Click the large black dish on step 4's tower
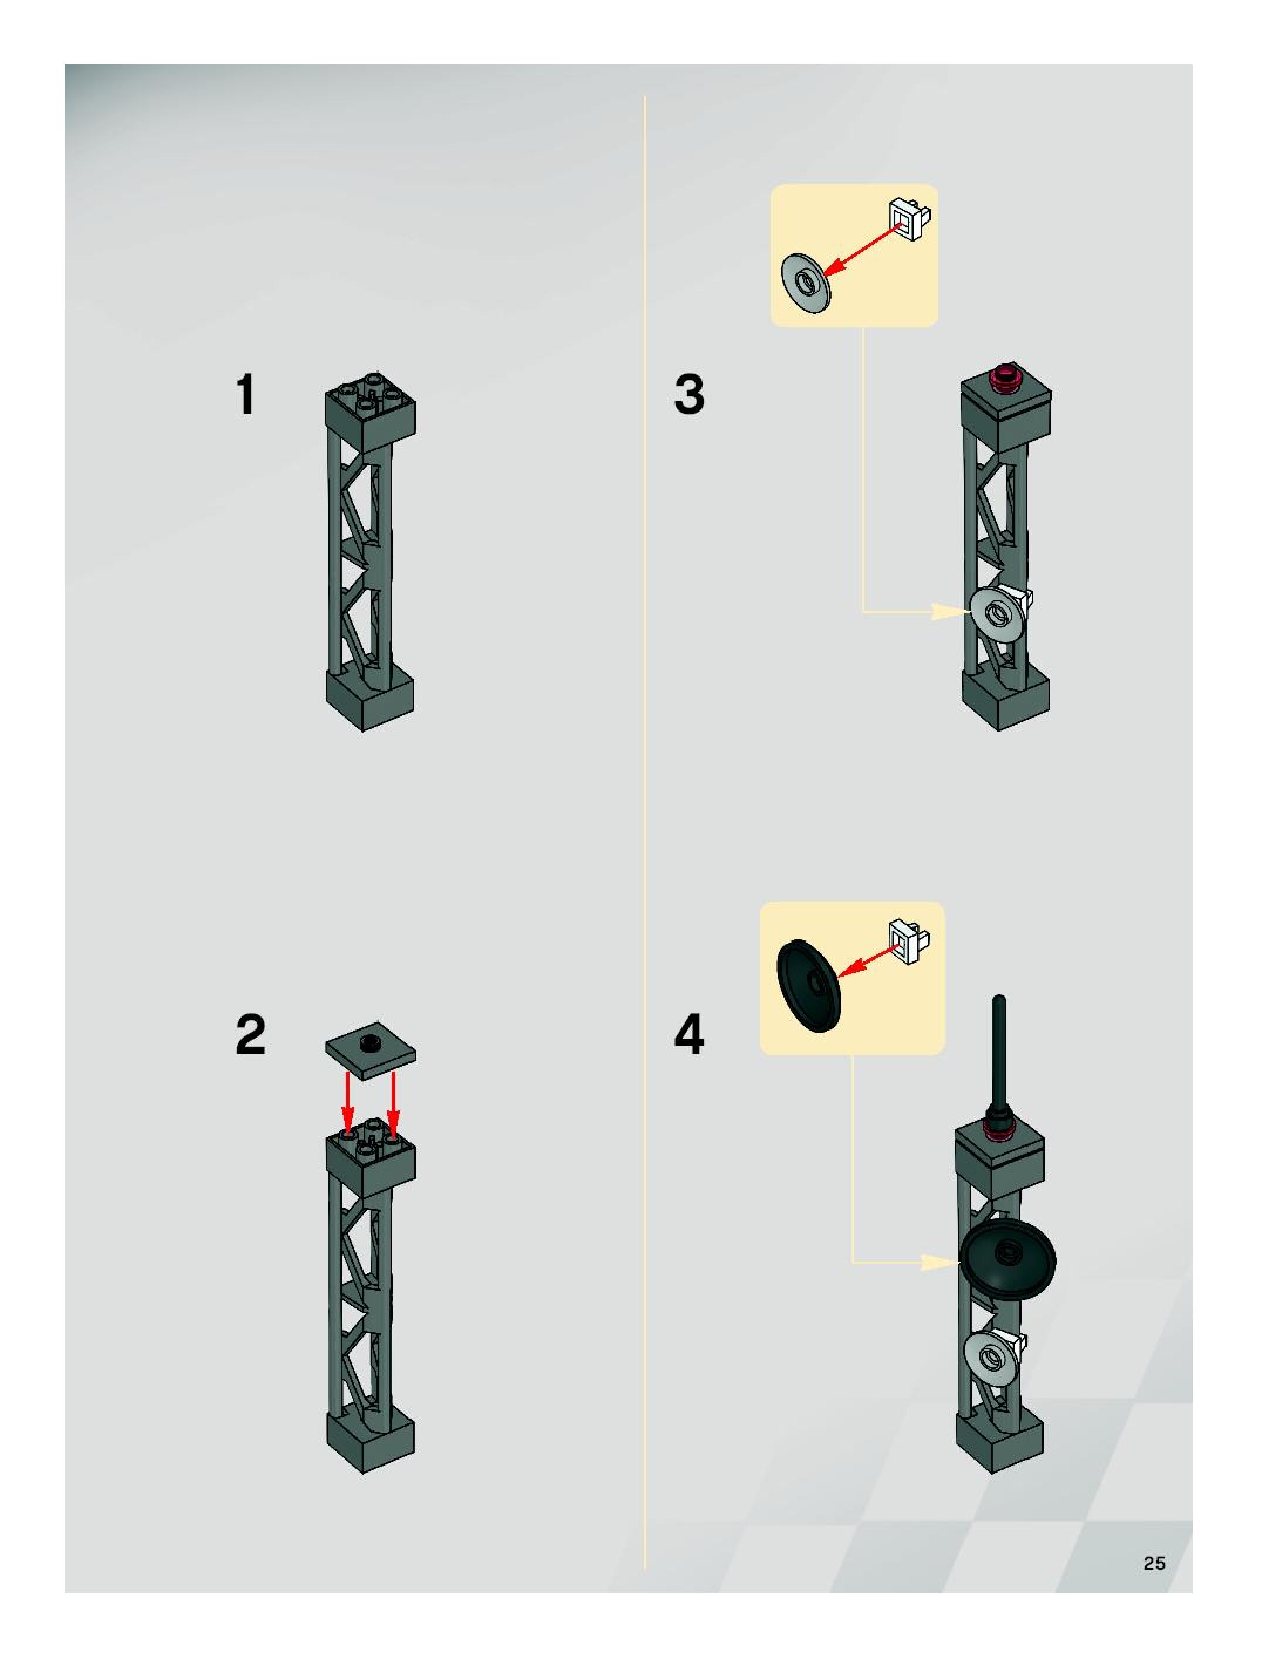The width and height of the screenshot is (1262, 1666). (1007, 1259)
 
